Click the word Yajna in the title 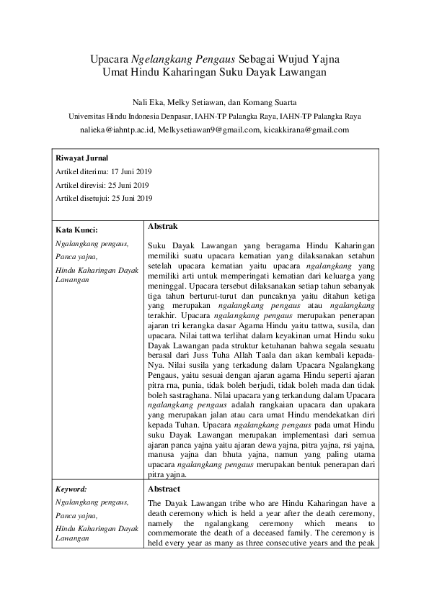(x=324, y=59)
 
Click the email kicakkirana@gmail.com (x=296, y=130)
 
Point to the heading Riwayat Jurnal (x=81, y=158)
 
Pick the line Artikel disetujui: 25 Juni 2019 (x=104, y=198)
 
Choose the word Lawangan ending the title (x=301, y=73)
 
